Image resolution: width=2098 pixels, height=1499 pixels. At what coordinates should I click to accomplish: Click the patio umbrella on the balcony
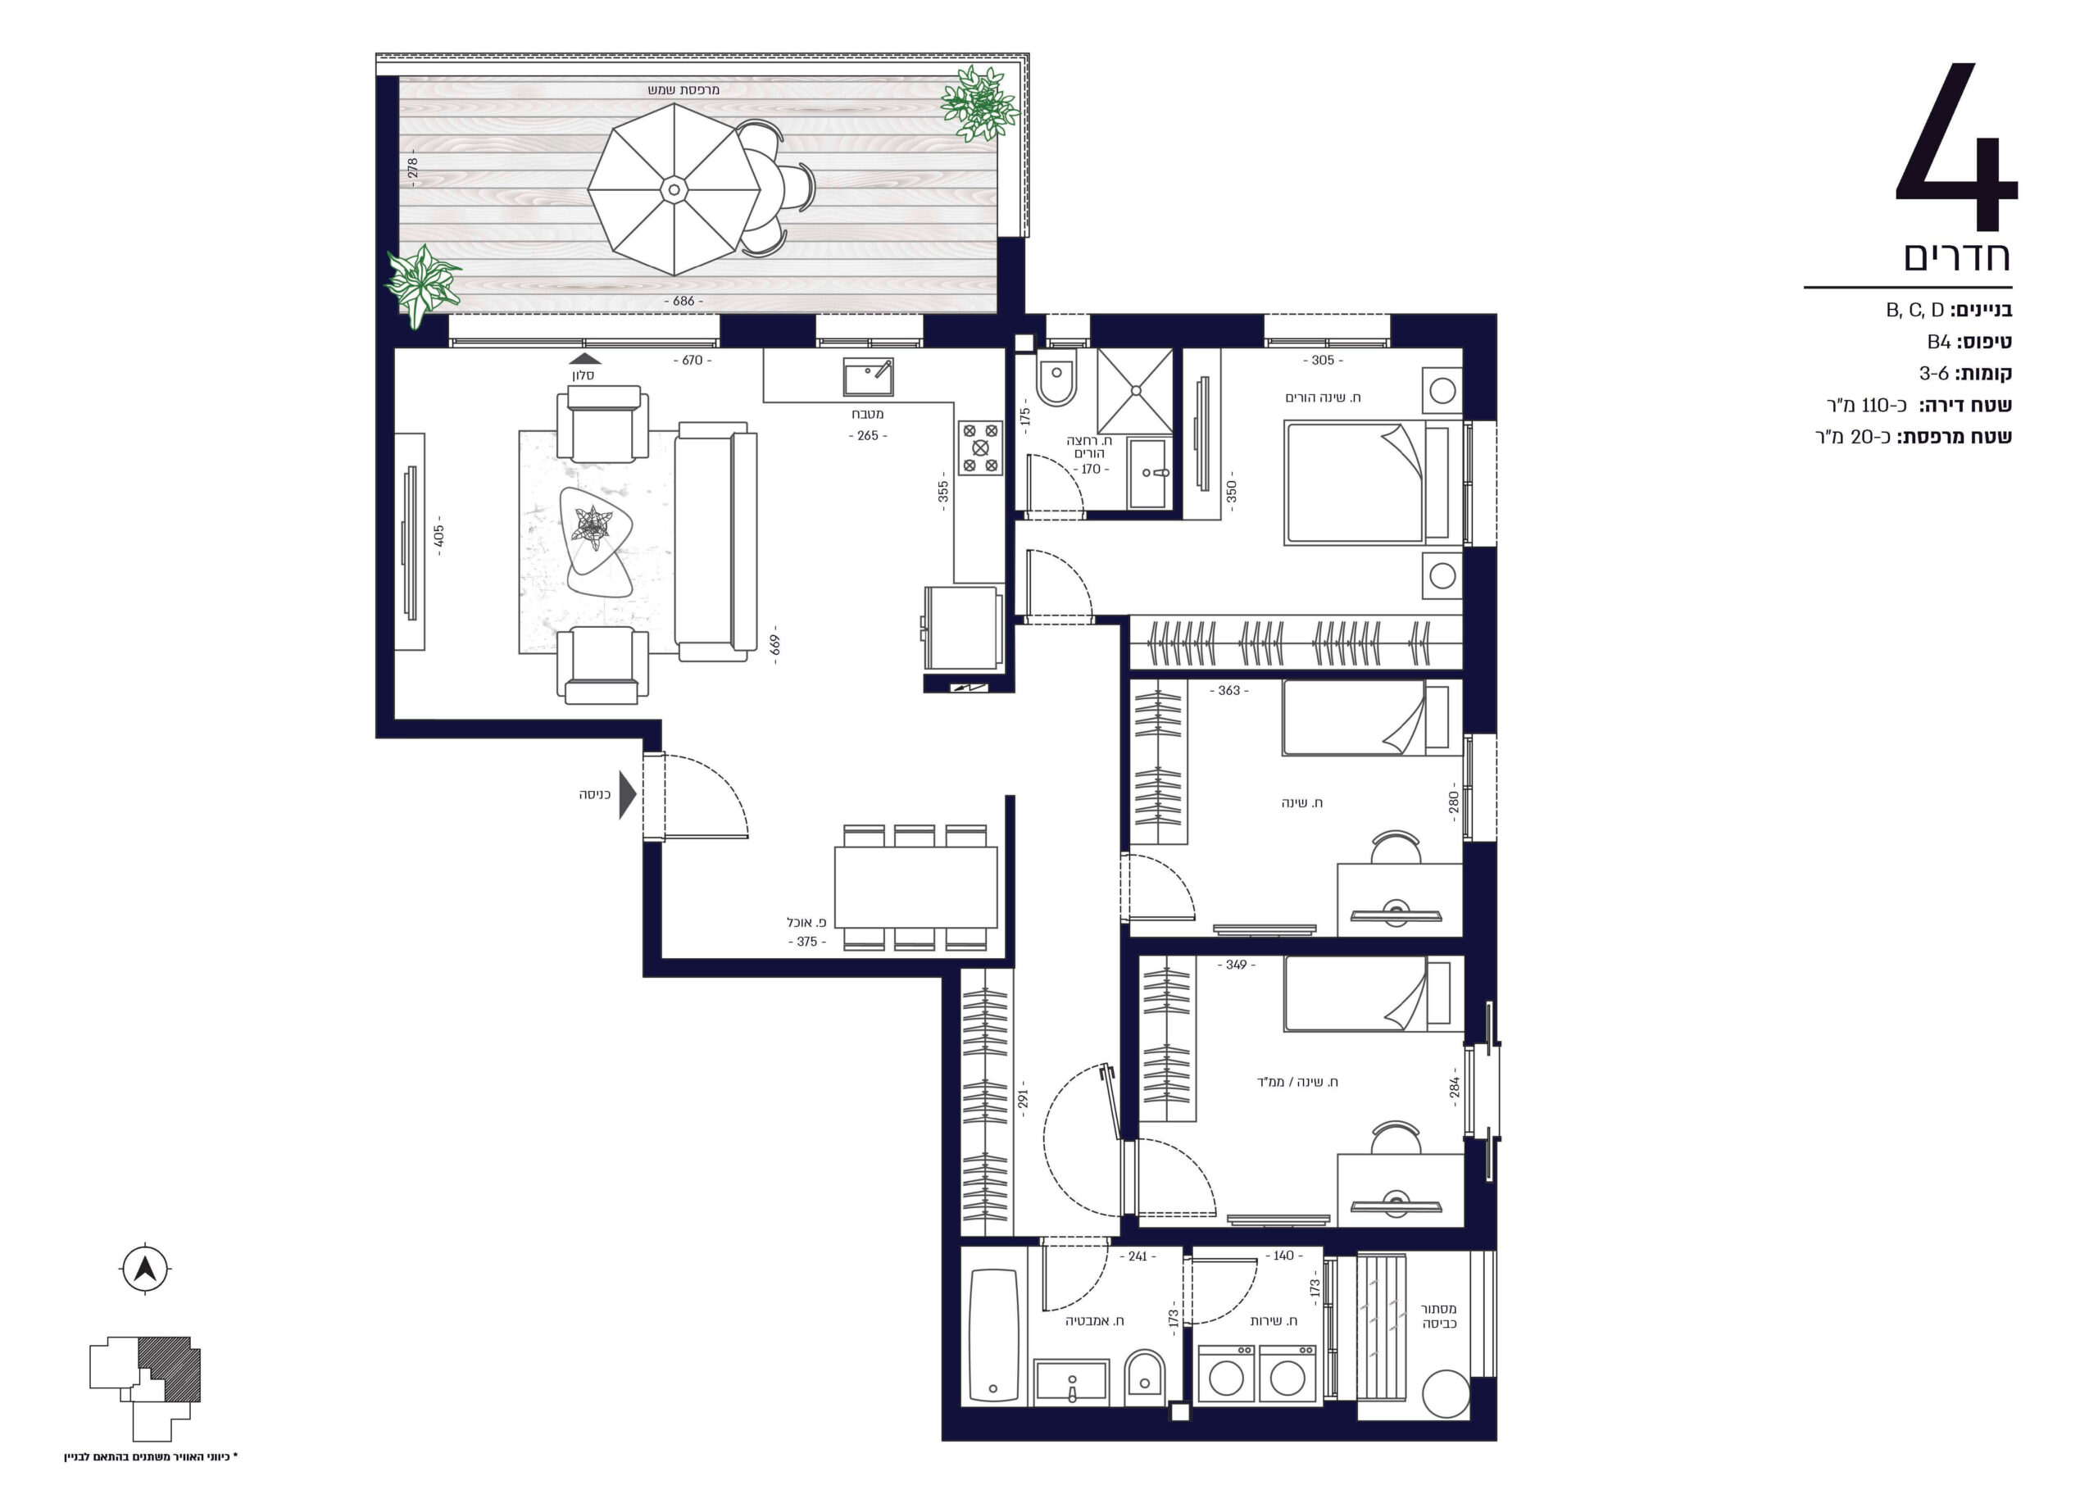point(674,189)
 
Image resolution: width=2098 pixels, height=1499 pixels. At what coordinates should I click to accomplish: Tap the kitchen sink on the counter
point(868,377)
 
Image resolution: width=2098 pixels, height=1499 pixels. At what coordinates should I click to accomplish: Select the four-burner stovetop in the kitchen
point(980,447)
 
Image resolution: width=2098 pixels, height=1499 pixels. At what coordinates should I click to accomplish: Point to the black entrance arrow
point(628,795)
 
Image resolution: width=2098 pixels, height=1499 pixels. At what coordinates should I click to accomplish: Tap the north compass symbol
point(145,1270)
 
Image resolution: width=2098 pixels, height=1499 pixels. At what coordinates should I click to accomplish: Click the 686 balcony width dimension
point(683,301)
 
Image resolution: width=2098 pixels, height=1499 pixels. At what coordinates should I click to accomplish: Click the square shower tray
point(1135,390)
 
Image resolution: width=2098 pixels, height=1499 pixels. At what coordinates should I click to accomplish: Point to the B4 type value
point(1938,343)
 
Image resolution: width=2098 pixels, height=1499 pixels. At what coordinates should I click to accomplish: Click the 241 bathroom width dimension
point(1138,1256)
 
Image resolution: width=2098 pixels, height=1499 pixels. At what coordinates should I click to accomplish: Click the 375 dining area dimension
point(806,942)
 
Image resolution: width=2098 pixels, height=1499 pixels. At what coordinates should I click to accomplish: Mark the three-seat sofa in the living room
point(715,541)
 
